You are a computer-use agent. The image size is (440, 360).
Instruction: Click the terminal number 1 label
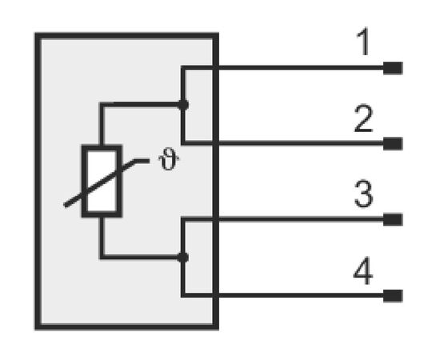coord(364,42)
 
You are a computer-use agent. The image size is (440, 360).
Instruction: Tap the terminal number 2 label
coord(364,118)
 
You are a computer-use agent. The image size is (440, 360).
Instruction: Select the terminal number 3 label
coord(364,194)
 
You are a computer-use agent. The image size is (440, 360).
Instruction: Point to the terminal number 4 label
coord(363,270)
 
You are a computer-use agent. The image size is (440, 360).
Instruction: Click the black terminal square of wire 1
coord(393,68)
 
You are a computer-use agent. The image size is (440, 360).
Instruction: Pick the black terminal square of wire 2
coord(393,144)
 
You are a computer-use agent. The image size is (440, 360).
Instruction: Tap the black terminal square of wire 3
coord(393,220)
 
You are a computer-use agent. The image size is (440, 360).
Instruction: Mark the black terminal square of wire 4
coord(393,296)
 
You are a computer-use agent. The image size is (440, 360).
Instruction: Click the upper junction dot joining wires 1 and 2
coord(183,106)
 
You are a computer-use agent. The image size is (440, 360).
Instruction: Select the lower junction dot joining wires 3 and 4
coord(183,258)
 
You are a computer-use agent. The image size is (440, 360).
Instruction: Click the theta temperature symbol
coord(169,159)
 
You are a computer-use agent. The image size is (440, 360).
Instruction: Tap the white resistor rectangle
coord(102,181)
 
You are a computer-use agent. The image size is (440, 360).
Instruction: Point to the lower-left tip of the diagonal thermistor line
coord(65,206)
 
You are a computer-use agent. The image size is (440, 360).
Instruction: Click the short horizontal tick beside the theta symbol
coord(142,161)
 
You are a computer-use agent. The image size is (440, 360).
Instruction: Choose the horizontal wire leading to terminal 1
coord(282,68)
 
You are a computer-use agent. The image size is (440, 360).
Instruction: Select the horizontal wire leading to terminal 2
coord(282,144)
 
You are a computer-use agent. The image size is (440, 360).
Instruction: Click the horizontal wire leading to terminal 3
coord(282,219)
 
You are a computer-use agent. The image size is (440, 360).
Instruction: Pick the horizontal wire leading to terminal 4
coord(282,295)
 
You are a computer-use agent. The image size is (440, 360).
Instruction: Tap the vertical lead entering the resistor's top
coord(102,124)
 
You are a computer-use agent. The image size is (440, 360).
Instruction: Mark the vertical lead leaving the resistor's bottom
coord(102,238)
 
